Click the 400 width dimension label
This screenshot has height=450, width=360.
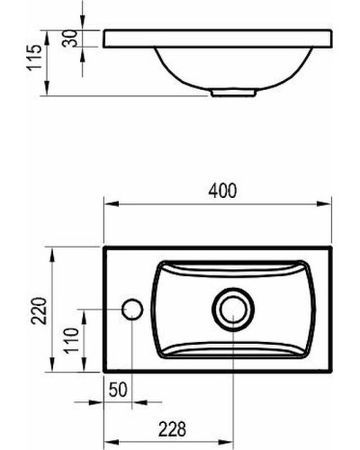point(222,191)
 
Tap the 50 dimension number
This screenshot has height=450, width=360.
point(116,389)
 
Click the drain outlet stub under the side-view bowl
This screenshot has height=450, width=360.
point(233,91)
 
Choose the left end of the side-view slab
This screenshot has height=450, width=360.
point(104,39)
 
